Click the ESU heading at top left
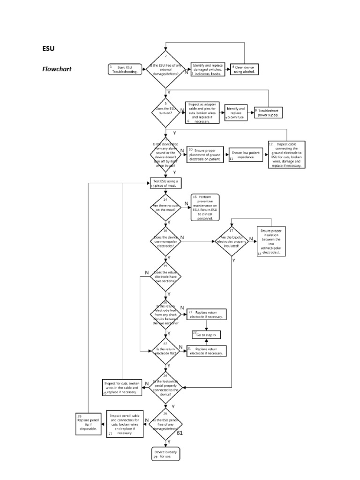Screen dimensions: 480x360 (x=49, y=48)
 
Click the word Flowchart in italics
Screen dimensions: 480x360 (x=58, y=68)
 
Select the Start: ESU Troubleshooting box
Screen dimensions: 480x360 (x=124, y=69)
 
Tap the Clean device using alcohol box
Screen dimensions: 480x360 (x=245, y=69)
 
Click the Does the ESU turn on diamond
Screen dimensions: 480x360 (x=165, y=112)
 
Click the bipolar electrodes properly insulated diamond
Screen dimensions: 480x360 (x=233, y=241)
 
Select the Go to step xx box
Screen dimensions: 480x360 (x=206, y=335)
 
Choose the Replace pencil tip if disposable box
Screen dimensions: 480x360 (x=89, y=424)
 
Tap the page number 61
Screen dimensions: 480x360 (x=180, y=433)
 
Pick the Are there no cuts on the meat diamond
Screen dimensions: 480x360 (x=165, y=207)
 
